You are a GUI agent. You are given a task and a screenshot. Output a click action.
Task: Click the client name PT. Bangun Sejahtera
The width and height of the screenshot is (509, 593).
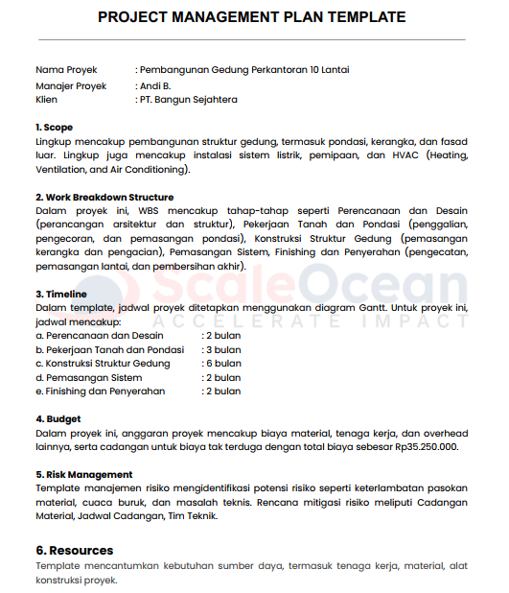pyautogui.click(x=190, y=100)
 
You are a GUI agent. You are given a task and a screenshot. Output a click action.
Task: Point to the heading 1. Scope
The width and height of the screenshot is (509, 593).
pyautogui.click(x=54, y=128)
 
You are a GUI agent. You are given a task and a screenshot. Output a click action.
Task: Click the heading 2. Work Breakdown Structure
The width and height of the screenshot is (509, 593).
pyautogui.click(x=104, y=197)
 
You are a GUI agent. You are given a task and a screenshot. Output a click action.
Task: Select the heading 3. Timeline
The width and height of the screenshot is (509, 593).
pyautogui.click(x=60, y=294)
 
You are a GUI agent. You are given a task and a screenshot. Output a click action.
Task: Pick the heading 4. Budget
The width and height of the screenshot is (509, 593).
pyautogui.click(x=58, y=419)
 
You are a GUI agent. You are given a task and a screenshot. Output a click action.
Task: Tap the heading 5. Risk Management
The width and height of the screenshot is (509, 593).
pyautogui.click(x=84, y=475)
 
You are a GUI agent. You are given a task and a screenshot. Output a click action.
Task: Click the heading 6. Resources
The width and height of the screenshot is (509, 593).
pyautogui.click(x=75, y=551)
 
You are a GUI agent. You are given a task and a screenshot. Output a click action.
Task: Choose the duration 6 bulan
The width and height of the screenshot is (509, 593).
pyautogui.click(x=223, y=364)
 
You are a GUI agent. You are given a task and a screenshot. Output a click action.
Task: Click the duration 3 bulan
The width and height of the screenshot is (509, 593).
pyautogui.click(x=223, y=350)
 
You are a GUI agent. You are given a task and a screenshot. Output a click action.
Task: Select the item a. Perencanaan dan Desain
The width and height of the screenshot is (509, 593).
pyautogui.click(x=99, y=336)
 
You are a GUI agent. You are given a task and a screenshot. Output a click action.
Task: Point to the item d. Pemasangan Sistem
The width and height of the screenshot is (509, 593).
pyautogui.click(x=88, y=378)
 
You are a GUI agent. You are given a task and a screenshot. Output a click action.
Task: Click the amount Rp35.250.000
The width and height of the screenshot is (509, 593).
pyautogui.click(x=424, y=447)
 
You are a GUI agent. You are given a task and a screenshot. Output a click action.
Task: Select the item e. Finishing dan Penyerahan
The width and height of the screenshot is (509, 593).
pyautogui.click(x=100, y=391)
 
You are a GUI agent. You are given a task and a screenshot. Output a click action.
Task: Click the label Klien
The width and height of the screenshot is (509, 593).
pyautogui.click(x=46, y=100)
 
